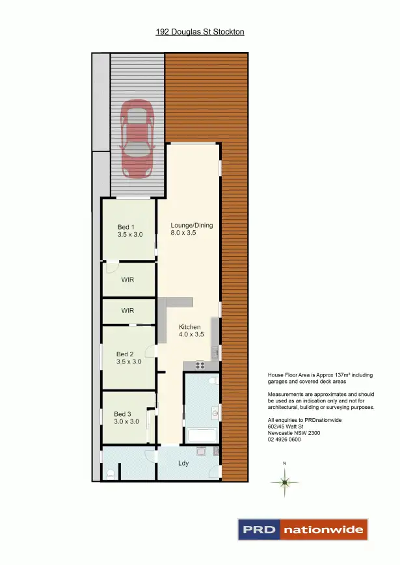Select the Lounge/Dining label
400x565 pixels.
click(x=192, y=228)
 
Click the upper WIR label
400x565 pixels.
click(x=127, y=280)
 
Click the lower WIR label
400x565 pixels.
click(x=127, y=311)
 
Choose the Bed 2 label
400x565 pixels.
click(x=128, y=358)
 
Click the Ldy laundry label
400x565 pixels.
click(x=184, y=464)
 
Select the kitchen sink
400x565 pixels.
click(x=215, y=352)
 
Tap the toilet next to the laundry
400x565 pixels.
click(x=111, y=474)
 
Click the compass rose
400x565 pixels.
click(x=284, y=482)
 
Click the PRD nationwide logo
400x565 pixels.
click(x=303, y=529)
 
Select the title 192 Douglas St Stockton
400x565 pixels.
click(x=200, y=31)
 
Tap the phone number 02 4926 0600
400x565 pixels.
click(x=284, y=440)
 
